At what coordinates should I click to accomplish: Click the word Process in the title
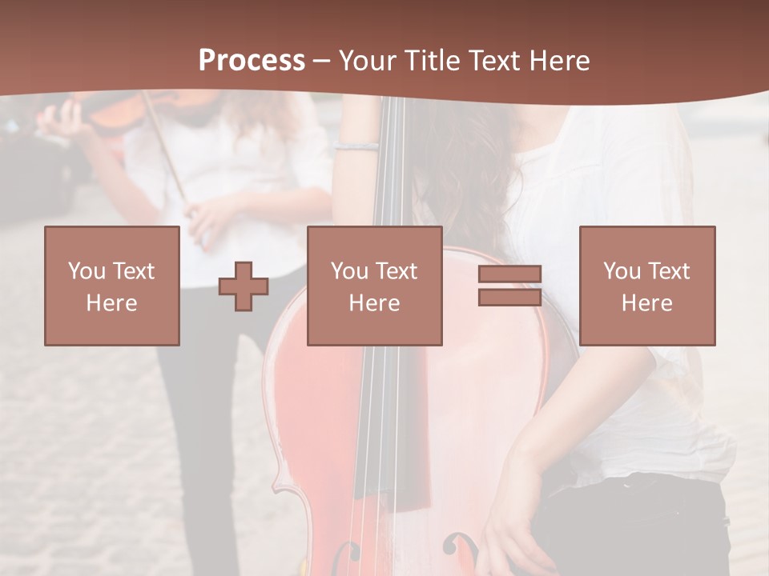pos(252,60)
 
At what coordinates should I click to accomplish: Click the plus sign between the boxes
pos(244,286)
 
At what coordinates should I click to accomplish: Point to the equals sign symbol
pos(509,286)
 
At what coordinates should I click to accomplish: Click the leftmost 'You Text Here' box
pos(112,286)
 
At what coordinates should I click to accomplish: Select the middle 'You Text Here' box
pos(374,286)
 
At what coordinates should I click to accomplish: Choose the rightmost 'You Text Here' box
pos(647,286)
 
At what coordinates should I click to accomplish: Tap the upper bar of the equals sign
pos(509,274)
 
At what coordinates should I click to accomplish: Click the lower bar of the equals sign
pos(509,297)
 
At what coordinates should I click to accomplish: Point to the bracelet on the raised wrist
pos(356,146)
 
